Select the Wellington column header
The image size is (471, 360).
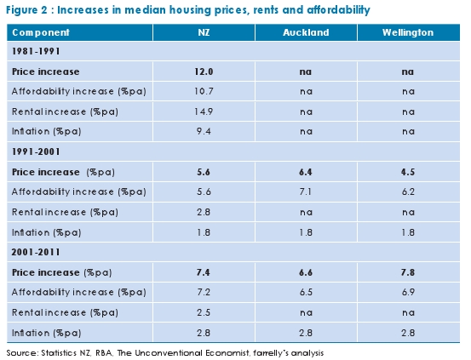(x=409, y=32)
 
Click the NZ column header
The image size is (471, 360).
(x=204, y=32)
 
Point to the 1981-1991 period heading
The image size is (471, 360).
(x=35, y=53)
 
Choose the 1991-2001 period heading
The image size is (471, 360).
(x=35, y=151)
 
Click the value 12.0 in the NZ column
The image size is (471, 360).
(x=204, y=72)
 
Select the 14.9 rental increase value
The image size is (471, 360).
(x=204, y=111)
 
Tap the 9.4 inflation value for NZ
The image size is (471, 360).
(x=204, y=132)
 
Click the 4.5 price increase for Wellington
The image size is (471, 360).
(x=409, y=171)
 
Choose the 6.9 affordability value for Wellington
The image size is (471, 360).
(x=409, y=290)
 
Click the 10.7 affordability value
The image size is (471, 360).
(x=204, y=92)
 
